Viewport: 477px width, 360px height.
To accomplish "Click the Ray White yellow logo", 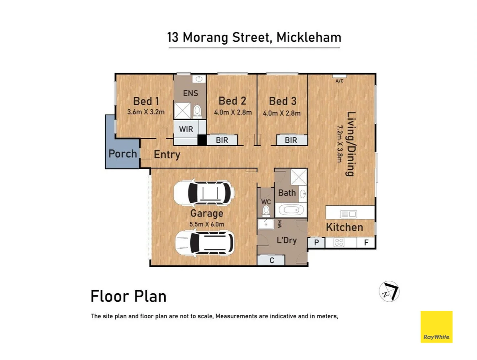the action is point(436,327).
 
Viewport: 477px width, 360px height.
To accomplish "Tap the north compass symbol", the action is point(389,291).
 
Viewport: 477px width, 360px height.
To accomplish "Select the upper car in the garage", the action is point(204,192).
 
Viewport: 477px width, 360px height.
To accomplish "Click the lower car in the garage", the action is point(205,243).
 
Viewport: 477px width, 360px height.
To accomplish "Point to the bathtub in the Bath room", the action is point(291,210).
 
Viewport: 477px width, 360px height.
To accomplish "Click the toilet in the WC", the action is point(266,211).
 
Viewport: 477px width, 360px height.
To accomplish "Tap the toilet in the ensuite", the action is point(197,111).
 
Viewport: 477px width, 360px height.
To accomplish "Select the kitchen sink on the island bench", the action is point(349,214).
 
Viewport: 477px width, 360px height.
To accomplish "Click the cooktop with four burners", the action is point(338,243).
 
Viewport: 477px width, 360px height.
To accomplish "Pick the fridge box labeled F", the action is point(366,243).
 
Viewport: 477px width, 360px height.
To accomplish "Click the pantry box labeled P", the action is point(316,243).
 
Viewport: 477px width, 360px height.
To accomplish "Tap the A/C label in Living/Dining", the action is point(340,81).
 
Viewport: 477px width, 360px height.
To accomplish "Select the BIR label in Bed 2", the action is point(222,140).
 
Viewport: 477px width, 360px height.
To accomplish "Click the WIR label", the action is point(186,129).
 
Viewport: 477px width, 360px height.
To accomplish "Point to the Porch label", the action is point(122,153).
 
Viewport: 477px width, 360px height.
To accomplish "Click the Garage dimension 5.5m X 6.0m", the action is point(207,224).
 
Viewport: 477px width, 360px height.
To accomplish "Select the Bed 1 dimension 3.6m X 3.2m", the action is point(146,112).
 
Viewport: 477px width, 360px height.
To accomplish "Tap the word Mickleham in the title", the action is point(309,37).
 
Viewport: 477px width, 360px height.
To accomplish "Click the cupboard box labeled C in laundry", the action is point(271,260).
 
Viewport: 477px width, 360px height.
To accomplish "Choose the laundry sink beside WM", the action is point(266,224).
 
